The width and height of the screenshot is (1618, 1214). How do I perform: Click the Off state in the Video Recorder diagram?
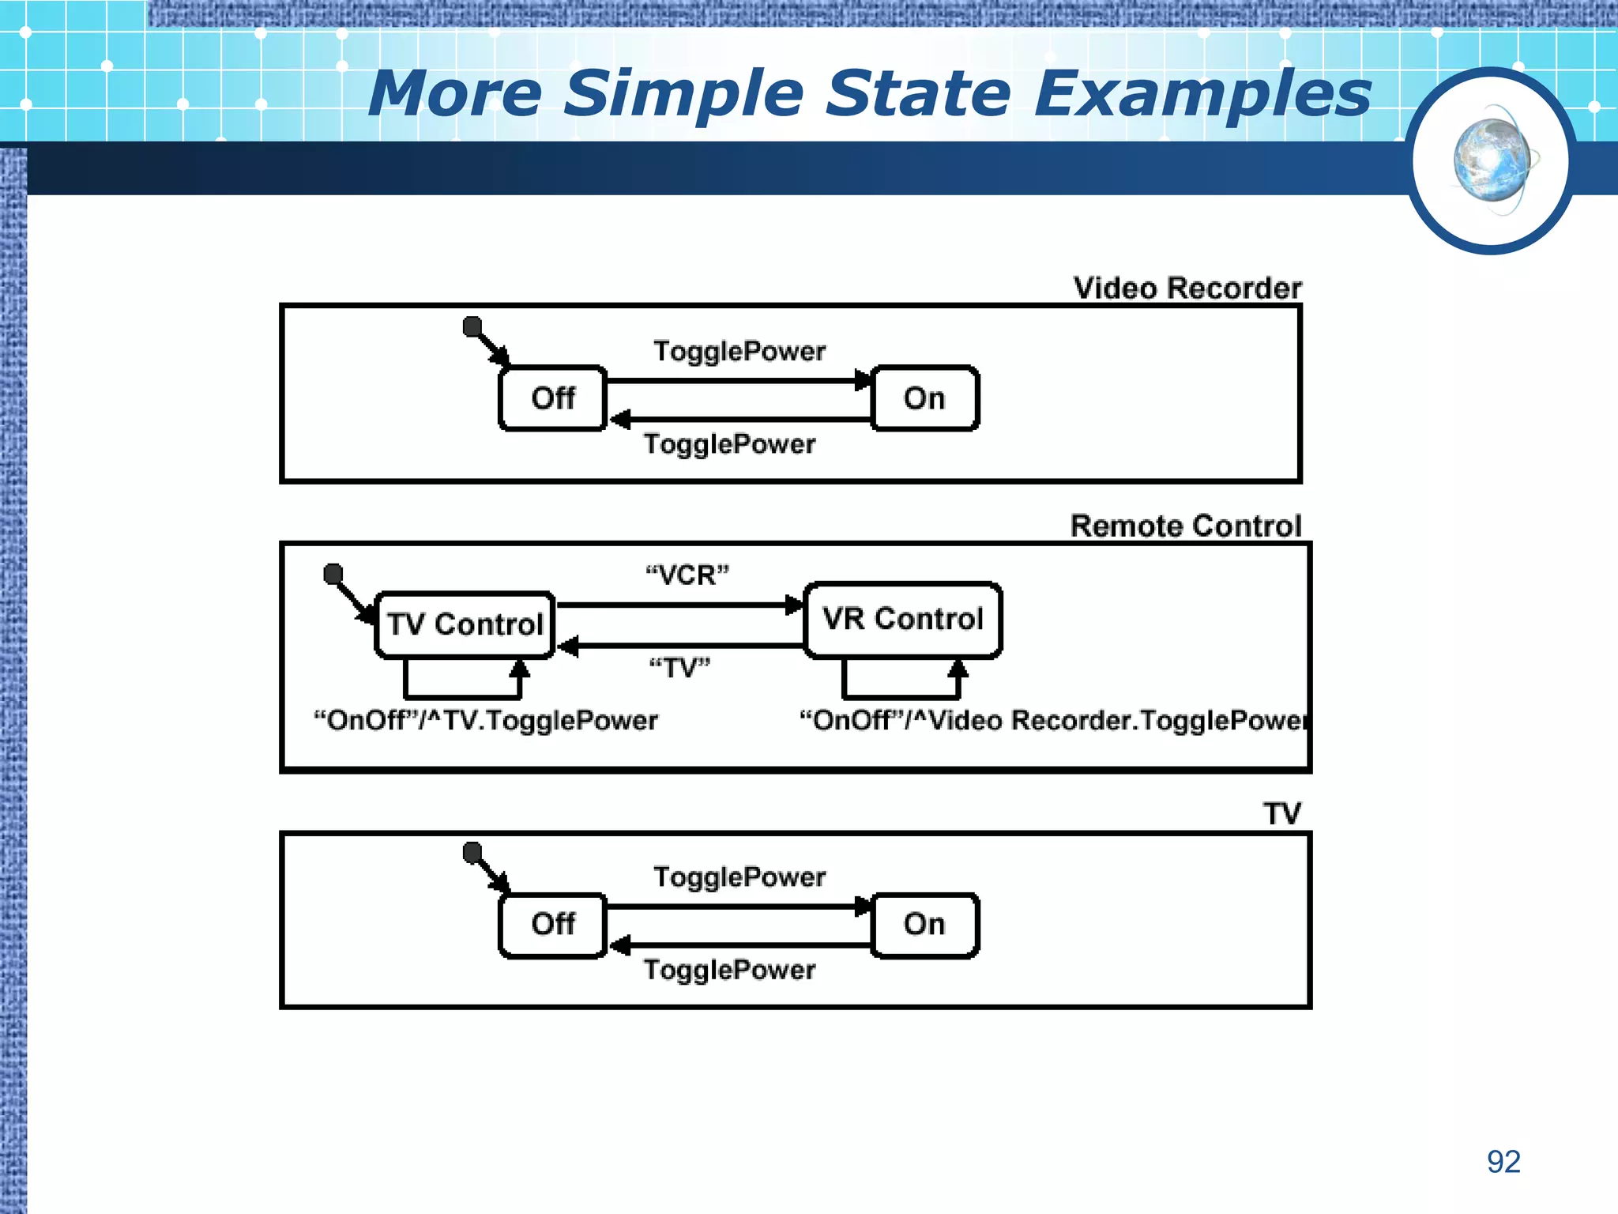tap(553, 398)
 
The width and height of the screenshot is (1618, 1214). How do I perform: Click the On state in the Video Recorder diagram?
tap(924, 398)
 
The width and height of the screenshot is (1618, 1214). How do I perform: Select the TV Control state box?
tap(465, 624)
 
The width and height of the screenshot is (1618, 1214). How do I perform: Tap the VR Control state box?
tap(903, 620)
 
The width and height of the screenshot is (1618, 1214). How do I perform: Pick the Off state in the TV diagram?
tap(553, 924)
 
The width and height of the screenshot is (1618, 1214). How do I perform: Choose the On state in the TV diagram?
tap(924, 924)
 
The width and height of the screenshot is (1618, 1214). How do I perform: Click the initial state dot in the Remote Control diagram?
tap(333, 573)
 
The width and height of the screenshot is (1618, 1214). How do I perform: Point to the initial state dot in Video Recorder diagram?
tap(472, 326)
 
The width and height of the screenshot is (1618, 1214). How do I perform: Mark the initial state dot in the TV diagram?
tap(472, 852)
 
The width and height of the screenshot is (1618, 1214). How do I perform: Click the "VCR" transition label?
tap(687, 575)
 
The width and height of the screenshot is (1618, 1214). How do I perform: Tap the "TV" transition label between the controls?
tap(679, 669)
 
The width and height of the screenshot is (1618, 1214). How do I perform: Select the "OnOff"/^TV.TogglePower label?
tap(486, 721)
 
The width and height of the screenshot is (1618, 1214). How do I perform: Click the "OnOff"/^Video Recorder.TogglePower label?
tap(1052, 721)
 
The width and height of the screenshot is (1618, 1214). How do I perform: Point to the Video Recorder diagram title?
tap(1187, 288)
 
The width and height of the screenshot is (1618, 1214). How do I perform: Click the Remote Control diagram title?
tap(1185, 526)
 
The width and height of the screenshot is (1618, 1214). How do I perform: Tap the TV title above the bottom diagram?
tap(1281, 814)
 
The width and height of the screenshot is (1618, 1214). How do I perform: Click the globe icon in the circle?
tap(1492, 160)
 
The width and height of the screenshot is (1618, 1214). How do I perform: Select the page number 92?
tap(1503, 1162)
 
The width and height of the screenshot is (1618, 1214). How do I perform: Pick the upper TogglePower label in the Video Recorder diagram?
tap(739, 351)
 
